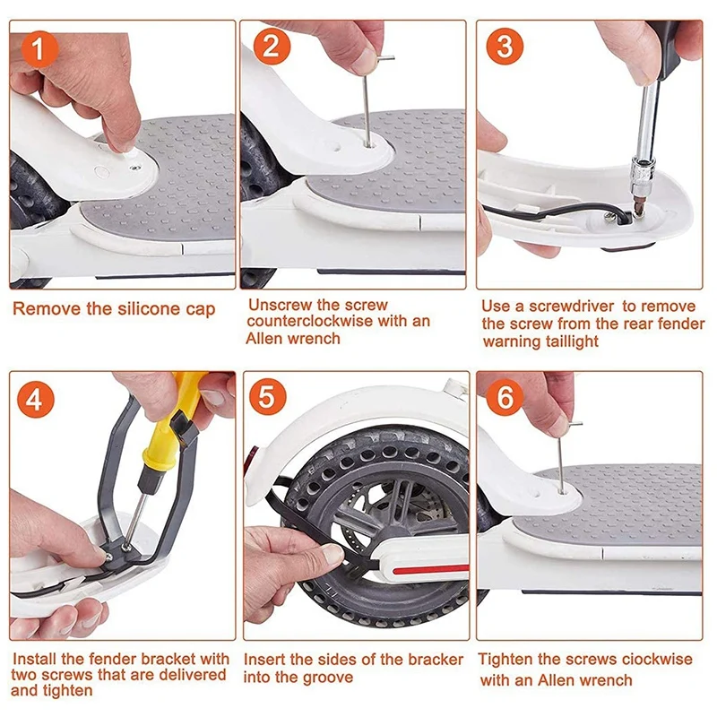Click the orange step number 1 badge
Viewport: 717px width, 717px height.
click(x=39, y=49)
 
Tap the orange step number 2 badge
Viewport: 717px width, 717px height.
click(x=272, y=46)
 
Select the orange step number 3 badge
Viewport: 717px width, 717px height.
click(x=505, y=46)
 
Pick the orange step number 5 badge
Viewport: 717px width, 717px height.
click(x=267, y=396)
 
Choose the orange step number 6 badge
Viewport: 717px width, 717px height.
click(x=505, y=396)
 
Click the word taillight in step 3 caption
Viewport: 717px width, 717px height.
click(x=571, y=341)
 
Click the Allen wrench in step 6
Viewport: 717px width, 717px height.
click(x=562, y=457)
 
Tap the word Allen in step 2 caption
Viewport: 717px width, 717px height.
click(x=263, y=339)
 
